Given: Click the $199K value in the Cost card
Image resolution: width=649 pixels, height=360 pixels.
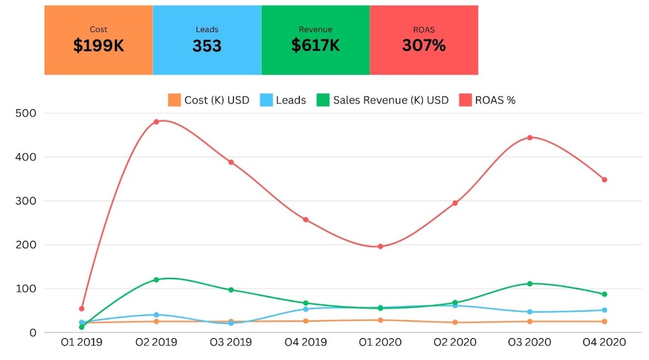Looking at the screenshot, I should click(99, 46).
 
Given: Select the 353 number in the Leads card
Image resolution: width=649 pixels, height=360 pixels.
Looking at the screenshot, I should click(207, 46).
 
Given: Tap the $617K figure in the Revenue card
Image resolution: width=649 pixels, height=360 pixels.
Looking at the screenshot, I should click(316, 46).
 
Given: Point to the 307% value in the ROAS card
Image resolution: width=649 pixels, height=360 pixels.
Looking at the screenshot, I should click(424, 46).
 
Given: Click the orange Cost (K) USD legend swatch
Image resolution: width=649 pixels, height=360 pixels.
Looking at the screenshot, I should click(174, 100).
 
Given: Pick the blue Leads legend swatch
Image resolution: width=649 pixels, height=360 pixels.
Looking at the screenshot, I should click(266, 100).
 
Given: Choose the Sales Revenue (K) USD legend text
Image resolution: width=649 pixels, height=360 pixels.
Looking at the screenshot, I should click(391, 100).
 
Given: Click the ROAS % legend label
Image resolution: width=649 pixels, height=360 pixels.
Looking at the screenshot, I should click(495, 100).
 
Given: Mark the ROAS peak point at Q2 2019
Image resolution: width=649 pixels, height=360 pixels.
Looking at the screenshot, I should click(156, 122).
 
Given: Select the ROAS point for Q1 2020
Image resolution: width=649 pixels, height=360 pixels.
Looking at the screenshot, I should click(380, 246).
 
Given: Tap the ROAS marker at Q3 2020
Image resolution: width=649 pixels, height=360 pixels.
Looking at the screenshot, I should click(530, 137).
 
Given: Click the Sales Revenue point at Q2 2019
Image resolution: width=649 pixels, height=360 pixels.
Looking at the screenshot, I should click(156, 280).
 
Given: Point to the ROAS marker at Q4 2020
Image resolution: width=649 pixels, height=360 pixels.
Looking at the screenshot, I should click(604, 179).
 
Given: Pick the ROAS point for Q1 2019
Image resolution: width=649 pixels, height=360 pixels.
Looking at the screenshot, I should click(82, 309).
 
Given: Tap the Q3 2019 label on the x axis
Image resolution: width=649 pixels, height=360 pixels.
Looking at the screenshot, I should click(231, 342).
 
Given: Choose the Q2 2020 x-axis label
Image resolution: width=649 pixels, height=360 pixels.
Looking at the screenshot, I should click(455, 342).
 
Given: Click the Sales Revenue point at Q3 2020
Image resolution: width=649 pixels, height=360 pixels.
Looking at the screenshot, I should click(530, 283).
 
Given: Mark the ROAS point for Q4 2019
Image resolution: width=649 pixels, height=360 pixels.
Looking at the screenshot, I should click(306, 220).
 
